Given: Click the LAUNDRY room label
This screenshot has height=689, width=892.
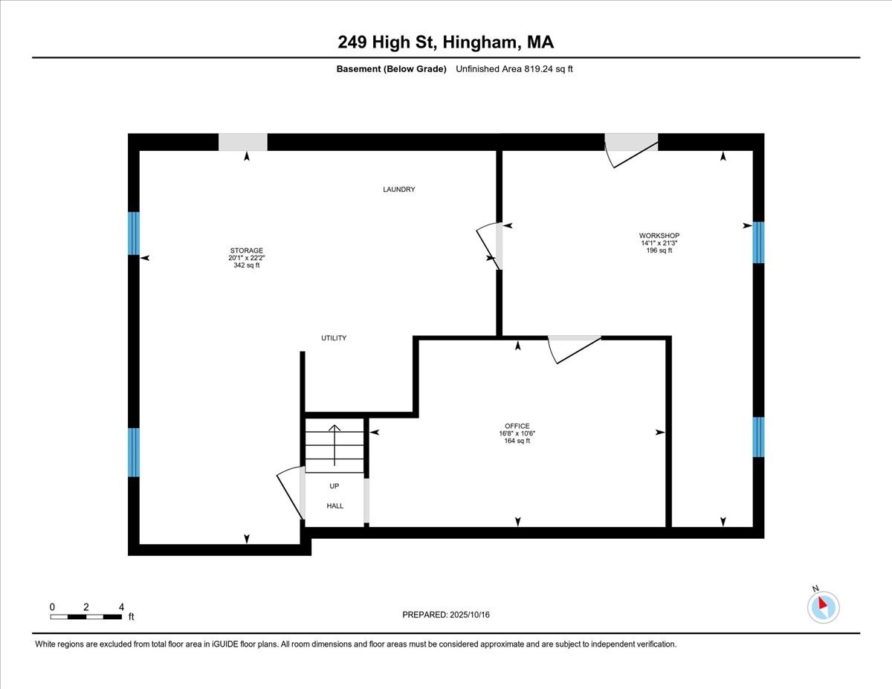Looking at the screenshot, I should click(398, 190).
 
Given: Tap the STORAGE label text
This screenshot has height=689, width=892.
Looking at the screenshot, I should click(246, 250).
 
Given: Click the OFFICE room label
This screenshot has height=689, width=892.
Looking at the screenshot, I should click(514, 426).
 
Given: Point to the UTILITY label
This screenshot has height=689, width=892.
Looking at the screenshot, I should click(334, 338).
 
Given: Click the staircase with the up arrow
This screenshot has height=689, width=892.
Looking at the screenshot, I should click(334, 446).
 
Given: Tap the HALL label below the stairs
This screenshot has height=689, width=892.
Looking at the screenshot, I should click(335, 505).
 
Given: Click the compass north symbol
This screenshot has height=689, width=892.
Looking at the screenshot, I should click(823, 606).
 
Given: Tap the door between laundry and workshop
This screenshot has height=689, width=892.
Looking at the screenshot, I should click(491, 245).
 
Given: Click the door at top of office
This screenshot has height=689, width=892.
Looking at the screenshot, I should click(574, 347).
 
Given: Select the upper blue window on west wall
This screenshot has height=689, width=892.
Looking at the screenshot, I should click(134, 233).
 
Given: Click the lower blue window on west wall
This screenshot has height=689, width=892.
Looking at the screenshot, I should click(134, 452).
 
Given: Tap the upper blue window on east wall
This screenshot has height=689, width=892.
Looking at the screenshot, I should click(758, 242).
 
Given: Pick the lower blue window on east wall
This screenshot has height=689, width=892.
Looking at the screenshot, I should click(758, 436).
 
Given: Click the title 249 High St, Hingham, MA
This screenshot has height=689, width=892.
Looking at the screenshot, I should click(445, 42).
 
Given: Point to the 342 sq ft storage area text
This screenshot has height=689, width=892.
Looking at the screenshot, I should click(246, 265).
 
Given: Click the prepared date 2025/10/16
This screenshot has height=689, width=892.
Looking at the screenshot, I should click(446, 615).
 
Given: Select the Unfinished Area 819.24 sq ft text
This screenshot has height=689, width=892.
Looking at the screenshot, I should click(514, 69).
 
